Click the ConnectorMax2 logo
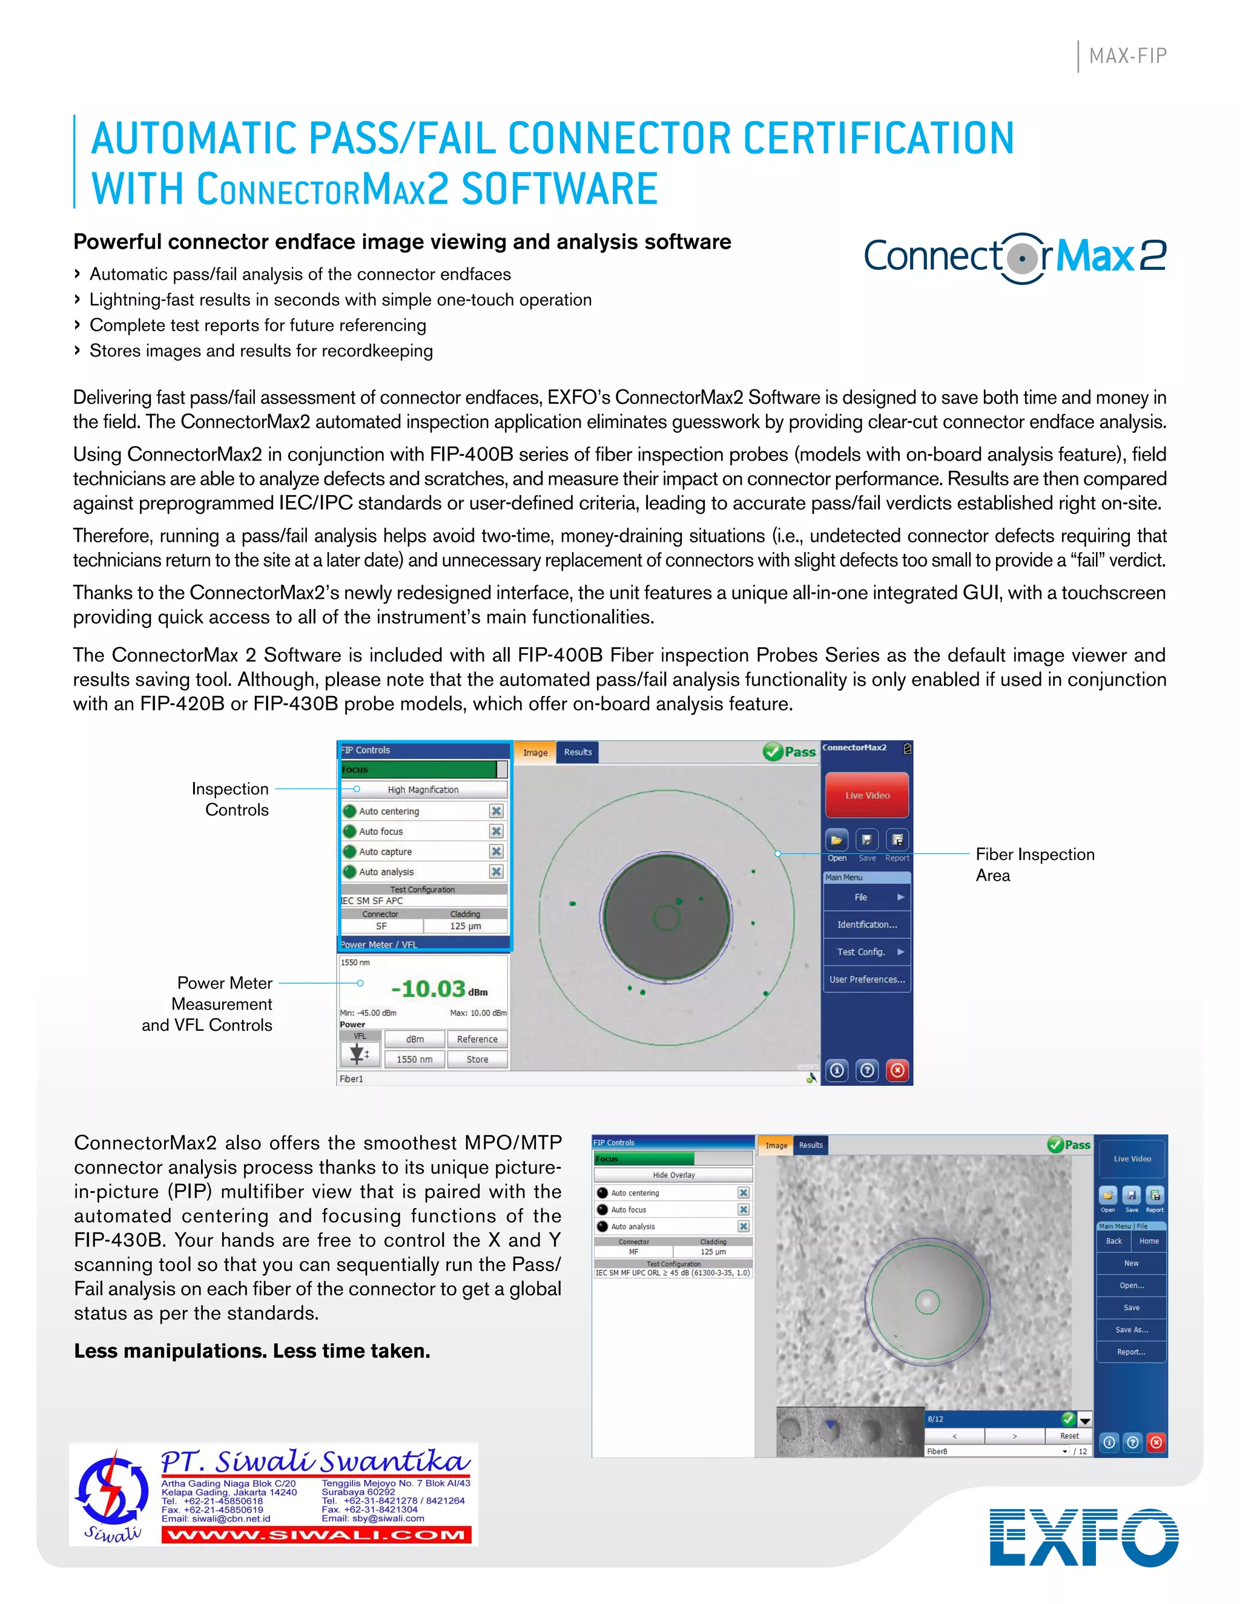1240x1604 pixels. tap(1015, 258)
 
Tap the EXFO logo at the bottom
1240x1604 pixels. tap(1084, 1537)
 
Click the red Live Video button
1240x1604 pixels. tap(867, 795)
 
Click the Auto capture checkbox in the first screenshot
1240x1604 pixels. tap(496, 851)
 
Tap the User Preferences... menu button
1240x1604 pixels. tap(867, 979)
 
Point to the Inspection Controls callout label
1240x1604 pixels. tap(231, 799)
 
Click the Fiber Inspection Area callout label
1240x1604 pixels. tap(1034, 864)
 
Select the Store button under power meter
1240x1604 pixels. tap(478, 1059)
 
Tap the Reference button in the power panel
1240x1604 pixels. tap(478, 1039)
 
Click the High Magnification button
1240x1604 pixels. tap(423, 789)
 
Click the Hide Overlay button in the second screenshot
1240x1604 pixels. tap(674, 1175)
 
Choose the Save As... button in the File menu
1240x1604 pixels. tap(1131, 1329)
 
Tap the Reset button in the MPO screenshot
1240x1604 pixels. tap(1069, 1436)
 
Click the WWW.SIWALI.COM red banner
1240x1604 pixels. tap(317, 1535)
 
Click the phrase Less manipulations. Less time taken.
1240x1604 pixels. tap(252, 1350)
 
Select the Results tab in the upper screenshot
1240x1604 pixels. tap(578, 752)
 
